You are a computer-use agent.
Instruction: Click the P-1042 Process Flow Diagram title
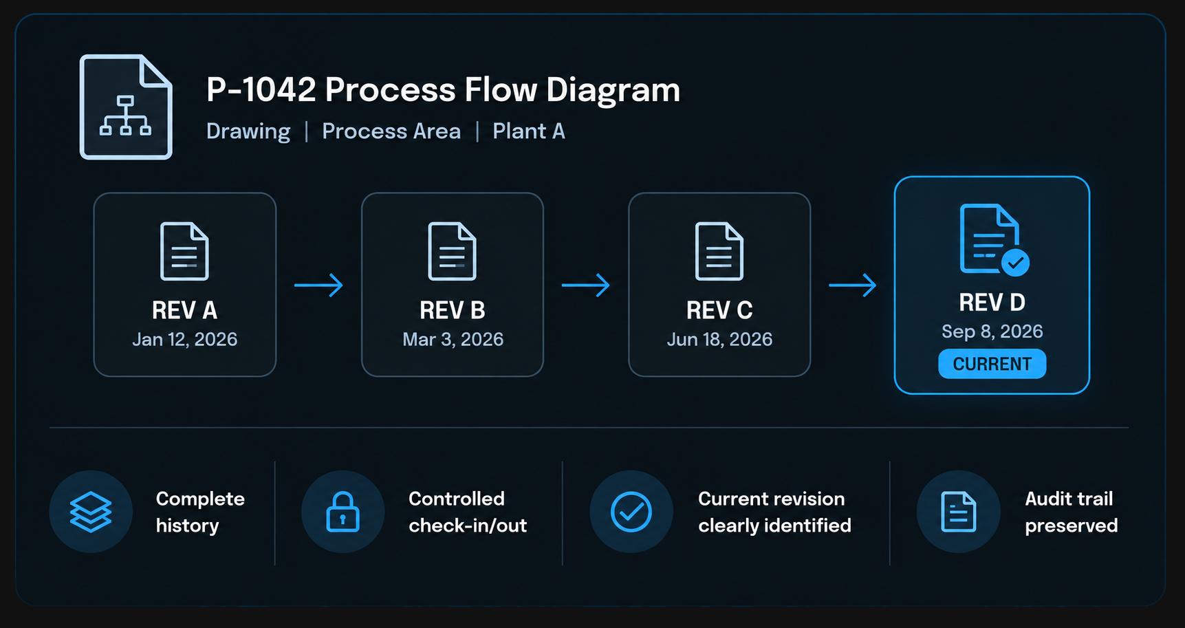[443, 90]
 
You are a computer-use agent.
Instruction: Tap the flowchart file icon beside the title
[126, 107]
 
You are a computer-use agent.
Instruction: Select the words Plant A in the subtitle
[529, 131]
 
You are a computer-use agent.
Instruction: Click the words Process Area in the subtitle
[391, 131]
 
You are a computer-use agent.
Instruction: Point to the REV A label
[184, 311]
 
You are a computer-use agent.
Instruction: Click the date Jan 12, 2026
[184, 339]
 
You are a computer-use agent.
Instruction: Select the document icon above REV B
[452, 251]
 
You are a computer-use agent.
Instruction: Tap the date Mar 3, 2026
[453, 339]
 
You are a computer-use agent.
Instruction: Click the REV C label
[719, 311]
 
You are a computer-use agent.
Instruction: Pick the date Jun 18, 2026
[719, 339]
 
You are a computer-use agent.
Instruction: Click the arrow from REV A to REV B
[318, 285]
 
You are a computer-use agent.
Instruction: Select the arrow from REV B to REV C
[586, 285]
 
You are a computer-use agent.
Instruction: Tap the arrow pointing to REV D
[853, 285]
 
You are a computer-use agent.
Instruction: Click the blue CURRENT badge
[992, 364]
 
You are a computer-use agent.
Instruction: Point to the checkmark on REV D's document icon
[1015, 262]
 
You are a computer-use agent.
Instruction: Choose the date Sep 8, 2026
[992, 332]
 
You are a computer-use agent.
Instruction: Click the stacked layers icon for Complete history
[91, 512]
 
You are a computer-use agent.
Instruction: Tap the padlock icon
[343, 512]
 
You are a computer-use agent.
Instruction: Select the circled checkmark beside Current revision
[631, 512]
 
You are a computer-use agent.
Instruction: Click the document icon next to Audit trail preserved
[958, 512]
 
